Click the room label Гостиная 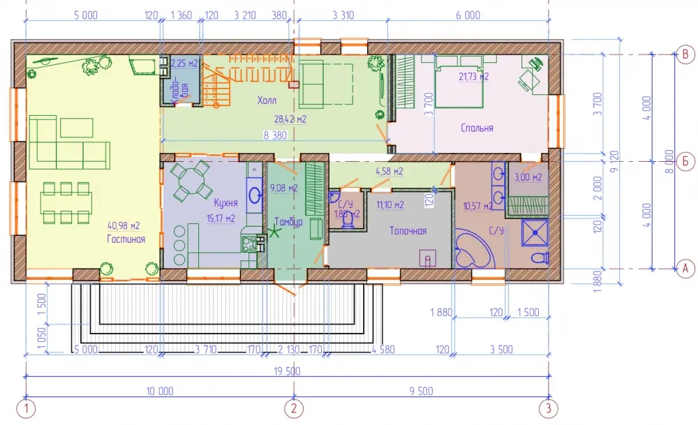point(126,239)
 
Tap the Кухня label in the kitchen point(225,203)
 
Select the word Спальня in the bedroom point(477,128)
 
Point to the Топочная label point(408,230)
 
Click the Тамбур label point(288,222)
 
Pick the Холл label point(267,100)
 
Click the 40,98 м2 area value point(124,225)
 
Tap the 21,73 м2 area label point(474,77)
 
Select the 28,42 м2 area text point(290,119)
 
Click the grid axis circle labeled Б point(685,161)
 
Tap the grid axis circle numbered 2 point(294,408)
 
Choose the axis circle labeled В point(685,54)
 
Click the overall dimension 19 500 point(287,371)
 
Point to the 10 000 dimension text point(160,392)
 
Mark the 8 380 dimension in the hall point(275,135)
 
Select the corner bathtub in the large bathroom point(475,248)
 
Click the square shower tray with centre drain point(535,232)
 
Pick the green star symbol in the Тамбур point(274,232)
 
